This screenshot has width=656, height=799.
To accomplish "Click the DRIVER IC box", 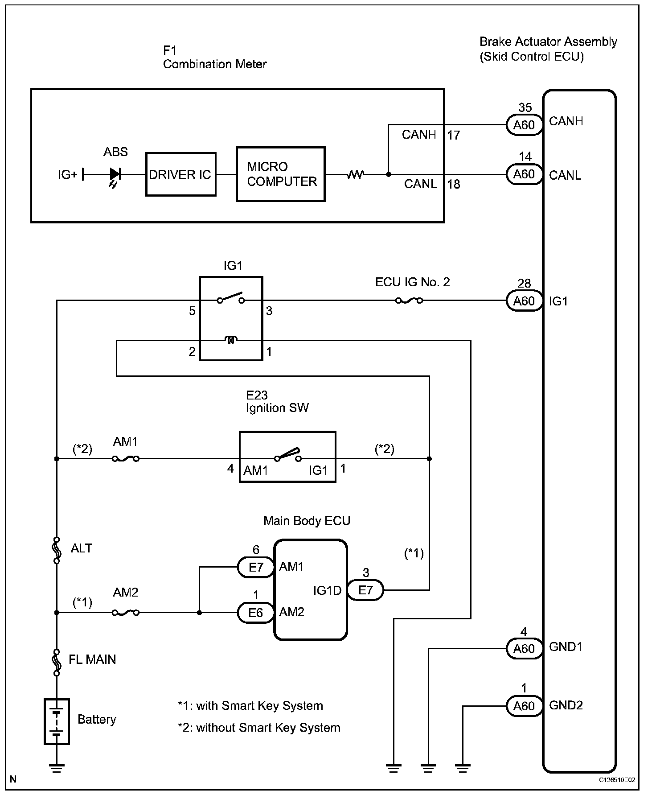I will click(180, 174).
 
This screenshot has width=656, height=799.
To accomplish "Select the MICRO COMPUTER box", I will click(281, 174).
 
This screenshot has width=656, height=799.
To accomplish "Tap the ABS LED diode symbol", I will click(115, 174).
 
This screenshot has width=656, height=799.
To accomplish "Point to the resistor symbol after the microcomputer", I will click(356, 174).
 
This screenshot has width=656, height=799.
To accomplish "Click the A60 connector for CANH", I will click(524, 125).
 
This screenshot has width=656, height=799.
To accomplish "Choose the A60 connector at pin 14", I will click(524, 174).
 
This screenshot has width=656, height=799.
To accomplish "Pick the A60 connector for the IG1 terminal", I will click(524, 301).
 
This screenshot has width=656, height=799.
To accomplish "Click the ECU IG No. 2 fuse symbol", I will click(409, 301).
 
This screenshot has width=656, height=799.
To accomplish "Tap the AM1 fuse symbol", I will click(126, 458).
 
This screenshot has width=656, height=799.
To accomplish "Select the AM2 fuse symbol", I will click(126, 613).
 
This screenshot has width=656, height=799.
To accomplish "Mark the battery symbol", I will click(57, 721).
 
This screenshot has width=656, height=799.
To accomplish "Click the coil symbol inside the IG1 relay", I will click(231, 340).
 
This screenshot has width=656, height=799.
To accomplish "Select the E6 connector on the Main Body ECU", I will click(255, 613).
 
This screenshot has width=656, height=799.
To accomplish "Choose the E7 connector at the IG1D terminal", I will click(365, 590).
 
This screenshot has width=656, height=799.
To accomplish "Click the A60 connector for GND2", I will click(524, 706).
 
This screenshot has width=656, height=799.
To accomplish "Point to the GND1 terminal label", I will click(566, 647).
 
